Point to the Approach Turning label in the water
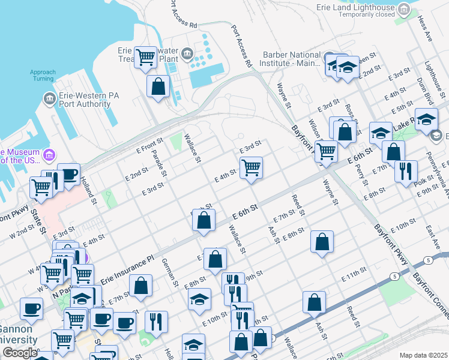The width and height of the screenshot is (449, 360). tap(43, 75)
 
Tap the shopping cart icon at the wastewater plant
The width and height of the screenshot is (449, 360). tap(145, 58)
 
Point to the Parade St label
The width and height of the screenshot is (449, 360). tap(158, 160)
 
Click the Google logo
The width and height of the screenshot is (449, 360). tap(19, 353)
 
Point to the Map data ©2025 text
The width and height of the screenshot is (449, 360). tap(423, 355)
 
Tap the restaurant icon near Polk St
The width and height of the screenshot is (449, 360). tap(406, 170)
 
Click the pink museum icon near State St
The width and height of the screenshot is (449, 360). tap(47, 155)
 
